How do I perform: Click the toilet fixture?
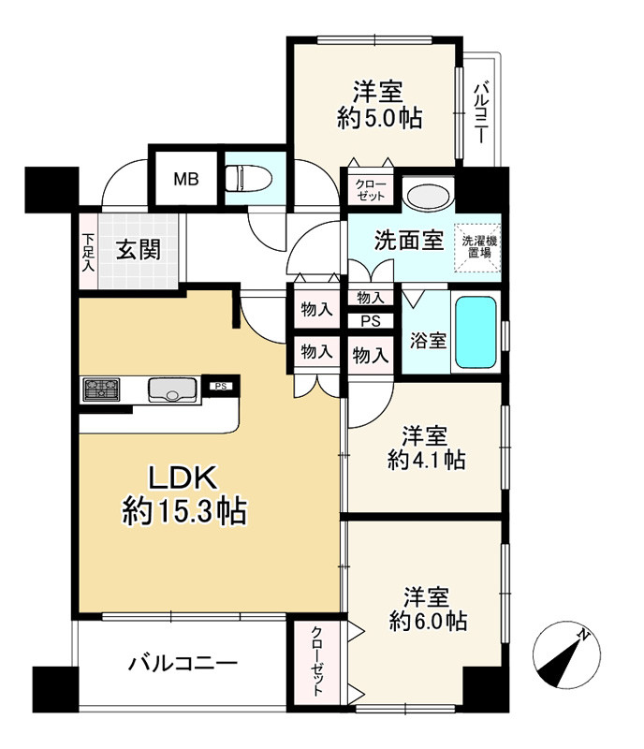click(248, 178)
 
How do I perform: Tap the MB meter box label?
click(186, 180)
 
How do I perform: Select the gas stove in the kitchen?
click(101, 389)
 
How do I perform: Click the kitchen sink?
click(174, 389)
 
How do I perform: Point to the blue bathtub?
click(476, 332)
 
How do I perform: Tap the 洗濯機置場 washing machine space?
click(478, 248)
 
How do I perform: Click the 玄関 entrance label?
click(139, 250)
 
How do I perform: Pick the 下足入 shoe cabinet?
click(88, 251)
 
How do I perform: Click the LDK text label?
click(183, 477)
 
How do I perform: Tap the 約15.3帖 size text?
click(184, 510)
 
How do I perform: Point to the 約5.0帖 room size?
click(379, 118)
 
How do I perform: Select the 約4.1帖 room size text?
click(426, 460)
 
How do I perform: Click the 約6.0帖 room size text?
click(428, 621)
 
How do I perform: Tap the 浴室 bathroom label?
click(428, 341)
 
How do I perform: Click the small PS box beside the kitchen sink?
click(220, 386)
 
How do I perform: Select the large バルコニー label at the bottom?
click(183, 664)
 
